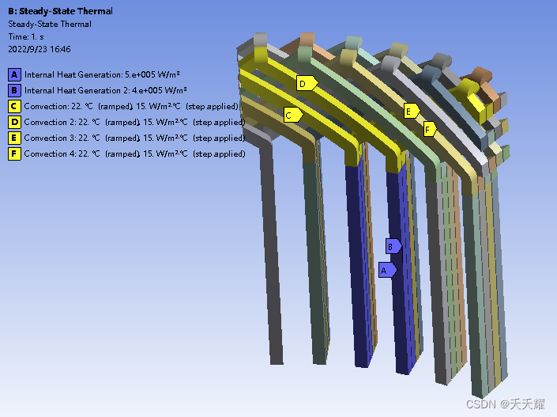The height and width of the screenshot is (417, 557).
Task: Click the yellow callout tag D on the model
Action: tap(307, 83)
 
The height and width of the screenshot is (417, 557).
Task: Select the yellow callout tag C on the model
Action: tap(293, 115)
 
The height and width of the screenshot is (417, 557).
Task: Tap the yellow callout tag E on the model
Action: tap(412, 112)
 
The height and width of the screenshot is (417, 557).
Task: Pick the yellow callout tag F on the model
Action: tap(430, 129)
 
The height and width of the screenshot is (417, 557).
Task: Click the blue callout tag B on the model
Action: tap(393, 246)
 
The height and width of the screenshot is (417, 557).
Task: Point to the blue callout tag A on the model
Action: tap(388, 270)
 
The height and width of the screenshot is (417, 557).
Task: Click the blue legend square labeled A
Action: tap(14, 74)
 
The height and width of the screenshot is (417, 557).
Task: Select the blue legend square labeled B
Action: tap(14, 90)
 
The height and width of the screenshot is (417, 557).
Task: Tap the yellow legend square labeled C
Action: tap(14, 106)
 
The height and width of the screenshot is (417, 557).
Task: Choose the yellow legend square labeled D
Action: tap(14, 122)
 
